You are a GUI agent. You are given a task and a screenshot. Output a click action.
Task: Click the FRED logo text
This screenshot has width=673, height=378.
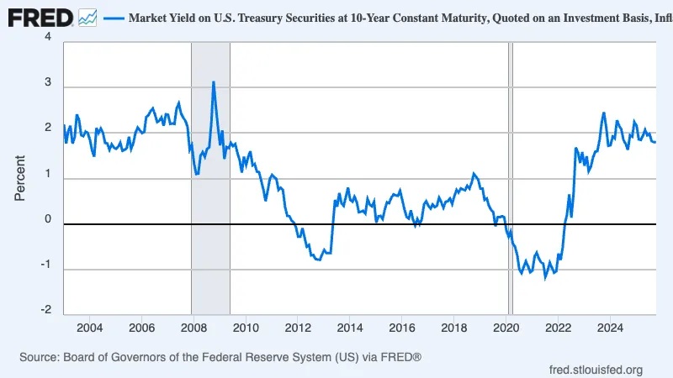[40, 17]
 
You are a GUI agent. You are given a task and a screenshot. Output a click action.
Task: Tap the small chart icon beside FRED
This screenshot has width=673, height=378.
[87, 17]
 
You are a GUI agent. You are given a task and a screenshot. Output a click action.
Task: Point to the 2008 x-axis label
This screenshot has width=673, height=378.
[193, 328]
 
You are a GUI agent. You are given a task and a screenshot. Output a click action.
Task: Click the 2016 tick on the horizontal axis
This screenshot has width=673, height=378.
[402, 328]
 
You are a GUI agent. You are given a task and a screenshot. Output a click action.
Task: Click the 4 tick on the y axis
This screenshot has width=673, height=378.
[47, 38]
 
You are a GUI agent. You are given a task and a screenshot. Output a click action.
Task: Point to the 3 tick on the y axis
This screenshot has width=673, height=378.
[47, 84]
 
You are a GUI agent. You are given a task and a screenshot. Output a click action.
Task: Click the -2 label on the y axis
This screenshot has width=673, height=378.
[45, 310]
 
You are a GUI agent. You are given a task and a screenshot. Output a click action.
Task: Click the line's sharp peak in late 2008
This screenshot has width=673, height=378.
[214, 82]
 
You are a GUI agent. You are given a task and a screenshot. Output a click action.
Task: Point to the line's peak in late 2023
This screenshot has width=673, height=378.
[604, 113]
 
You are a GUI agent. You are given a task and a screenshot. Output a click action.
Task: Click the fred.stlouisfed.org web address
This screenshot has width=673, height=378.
[596, 370]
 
